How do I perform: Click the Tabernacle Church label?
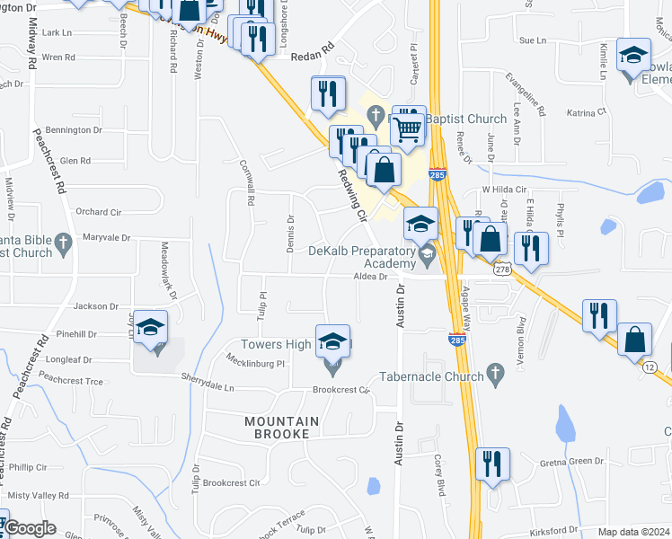[431, 376]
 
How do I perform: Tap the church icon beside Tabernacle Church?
[494, 371]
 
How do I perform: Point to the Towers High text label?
[276, 344]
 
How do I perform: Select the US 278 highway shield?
[501, 269]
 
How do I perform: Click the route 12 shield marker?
[647, 366]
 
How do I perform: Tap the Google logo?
[29, 528]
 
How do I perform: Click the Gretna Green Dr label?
[571, 462]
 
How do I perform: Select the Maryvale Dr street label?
[106, 238]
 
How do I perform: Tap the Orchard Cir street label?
[98, 212]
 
